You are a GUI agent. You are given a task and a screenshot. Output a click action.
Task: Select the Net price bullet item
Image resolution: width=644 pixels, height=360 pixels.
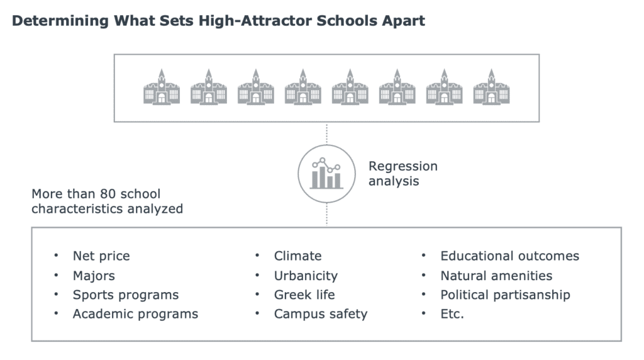click(101, 256)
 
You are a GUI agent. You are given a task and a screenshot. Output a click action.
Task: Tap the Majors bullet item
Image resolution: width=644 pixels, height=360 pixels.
click(94, 276)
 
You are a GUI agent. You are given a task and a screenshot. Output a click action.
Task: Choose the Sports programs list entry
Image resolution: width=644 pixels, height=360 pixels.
click(126, 295)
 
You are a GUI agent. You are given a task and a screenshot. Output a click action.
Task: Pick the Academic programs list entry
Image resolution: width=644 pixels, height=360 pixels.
click(135, 314)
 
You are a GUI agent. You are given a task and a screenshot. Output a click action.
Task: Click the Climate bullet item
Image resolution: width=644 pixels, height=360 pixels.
click(297, 256)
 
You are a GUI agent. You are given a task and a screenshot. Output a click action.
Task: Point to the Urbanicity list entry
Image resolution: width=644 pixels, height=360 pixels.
click(306, 276)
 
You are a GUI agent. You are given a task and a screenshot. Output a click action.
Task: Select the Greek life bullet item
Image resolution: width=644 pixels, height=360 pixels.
click(304, 295)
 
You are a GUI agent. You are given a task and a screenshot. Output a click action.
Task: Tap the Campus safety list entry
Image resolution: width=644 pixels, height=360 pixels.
click(320, 314)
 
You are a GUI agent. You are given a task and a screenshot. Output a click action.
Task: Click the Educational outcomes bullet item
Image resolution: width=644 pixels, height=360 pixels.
click(509, 256)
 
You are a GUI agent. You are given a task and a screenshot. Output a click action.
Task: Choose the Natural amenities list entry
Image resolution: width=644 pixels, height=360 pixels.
click(496, 275)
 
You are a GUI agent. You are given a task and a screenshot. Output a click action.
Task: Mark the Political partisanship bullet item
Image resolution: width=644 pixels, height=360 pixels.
click(505, 295)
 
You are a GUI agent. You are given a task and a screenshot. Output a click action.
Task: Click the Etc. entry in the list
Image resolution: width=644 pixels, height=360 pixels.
click(452, 314)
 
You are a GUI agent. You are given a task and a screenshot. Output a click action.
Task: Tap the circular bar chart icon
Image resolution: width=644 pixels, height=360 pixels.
click(326, 174)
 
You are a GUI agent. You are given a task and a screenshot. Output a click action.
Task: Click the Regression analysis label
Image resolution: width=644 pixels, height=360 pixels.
click(403, 174)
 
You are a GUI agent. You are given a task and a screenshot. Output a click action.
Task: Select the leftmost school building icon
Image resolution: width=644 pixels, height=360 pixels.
click(162, 87)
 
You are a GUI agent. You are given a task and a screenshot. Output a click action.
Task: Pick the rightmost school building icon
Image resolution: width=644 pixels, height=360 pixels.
click(491, 87)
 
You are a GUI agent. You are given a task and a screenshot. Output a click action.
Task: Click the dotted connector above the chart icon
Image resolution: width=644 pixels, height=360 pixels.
click(326, 133)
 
